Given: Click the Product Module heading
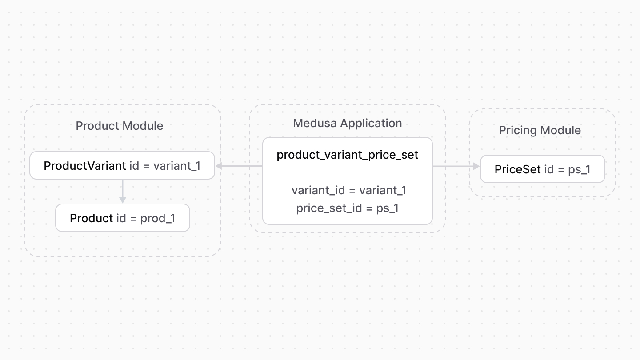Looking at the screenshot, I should pyautogui.click(x=119, y=126).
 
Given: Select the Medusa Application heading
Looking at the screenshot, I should pyautogui.click(x=347, y=123).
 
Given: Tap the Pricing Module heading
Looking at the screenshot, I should pyautogui.click(x=540, y=130).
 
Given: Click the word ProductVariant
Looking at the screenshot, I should pyautogui.click(x=85, y=166).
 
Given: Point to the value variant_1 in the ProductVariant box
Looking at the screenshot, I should pyautogui.click(x=177, y=166).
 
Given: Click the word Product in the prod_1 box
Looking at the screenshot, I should pyautogui.click(x=92, y=218).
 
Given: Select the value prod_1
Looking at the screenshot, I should pyautogui.click(x=158, y=218).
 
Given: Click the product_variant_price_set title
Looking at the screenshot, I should pyautogui.click(x=347, y=155).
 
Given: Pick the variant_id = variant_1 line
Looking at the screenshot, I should pyautogui.click(x=349, y=190).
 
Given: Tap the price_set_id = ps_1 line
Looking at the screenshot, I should pyautogui.click(x=347, y=208).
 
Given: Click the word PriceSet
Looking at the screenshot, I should pyautogui.click(x=518, y=169).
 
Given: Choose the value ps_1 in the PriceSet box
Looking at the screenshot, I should pyautogui.click(x=579, y=169).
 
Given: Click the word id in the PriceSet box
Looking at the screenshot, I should pyautogui.click(x=549, y=169).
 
